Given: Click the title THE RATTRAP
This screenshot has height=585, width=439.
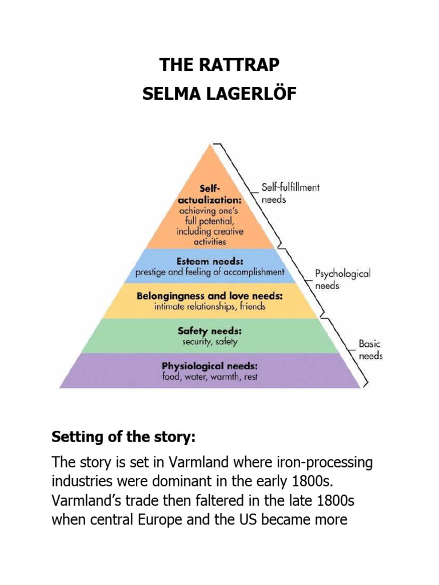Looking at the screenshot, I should coord(219,65).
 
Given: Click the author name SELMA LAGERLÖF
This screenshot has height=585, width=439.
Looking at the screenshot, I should coord(219,94).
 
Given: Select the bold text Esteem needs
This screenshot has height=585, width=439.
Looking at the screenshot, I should coord(209,261).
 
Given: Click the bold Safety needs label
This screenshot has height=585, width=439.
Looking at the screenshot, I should coord(209,331).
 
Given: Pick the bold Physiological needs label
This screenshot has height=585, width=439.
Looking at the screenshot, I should coord(209,366).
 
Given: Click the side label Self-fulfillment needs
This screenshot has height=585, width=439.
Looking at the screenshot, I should coord(290,193).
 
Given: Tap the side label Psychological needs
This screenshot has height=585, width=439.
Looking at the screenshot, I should coord(342,279).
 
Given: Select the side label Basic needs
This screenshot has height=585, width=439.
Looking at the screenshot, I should coord(370,350).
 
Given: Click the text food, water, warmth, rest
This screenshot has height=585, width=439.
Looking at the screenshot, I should coord(209,377).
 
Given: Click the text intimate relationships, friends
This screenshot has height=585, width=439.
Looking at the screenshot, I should coord(210,307).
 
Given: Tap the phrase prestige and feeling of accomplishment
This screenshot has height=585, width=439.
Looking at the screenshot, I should coord(210,273).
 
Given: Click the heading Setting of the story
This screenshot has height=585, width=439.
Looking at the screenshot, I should coord(123,438).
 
